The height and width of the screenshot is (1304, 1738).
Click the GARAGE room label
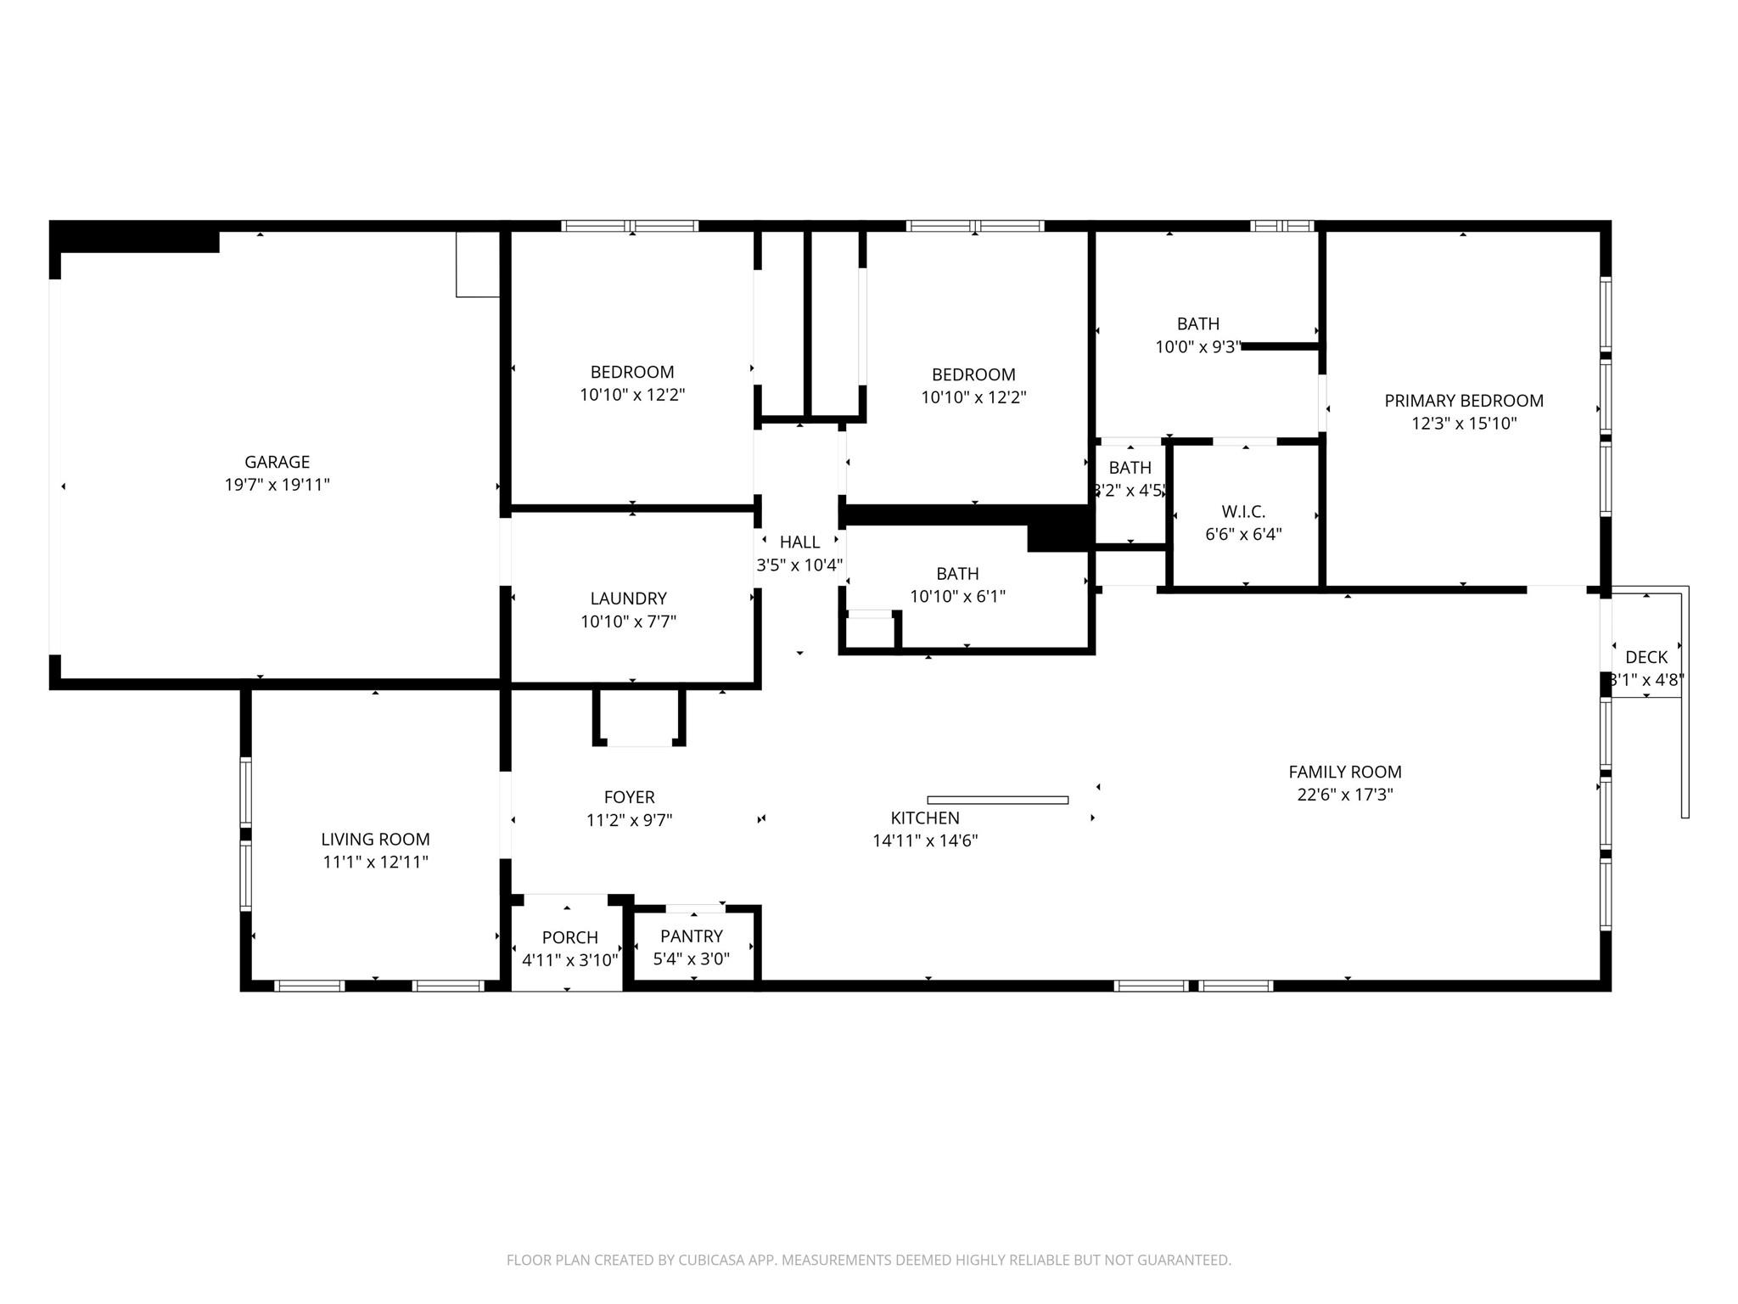277,462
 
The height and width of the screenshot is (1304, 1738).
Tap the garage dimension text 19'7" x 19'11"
277,485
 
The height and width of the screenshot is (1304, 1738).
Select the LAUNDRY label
628,599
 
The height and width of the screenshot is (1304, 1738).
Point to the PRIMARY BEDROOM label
1463,401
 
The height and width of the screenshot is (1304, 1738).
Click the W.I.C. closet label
1243,512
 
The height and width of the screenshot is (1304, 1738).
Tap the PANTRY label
691,936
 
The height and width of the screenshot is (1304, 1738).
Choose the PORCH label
569,937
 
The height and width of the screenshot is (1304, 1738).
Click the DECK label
1645,657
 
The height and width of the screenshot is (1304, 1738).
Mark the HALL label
799,542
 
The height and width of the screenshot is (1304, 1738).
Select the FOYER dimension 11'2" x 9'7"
629,820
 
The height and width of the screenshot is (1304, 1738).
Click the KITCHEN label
925,818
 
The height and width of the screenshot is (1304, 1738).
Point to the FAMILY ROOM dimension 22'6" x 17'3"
1344,795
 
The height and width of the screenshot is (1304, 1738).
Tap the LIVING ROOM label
375,839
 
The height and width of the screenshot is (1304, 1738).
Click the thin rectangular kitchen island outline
997,800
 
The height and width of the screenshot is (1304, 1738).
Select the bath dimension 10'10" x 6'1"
957,596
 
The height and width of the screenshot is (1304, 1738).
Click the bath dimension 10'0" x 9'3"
1197,346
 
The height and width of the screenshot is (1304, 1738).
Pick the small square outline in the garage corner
477,264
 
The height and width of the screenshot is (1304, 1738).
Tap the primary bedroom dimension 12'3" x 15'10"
1463,424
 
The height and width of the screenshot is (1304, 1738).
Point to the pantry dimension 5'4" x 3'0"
691,958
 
